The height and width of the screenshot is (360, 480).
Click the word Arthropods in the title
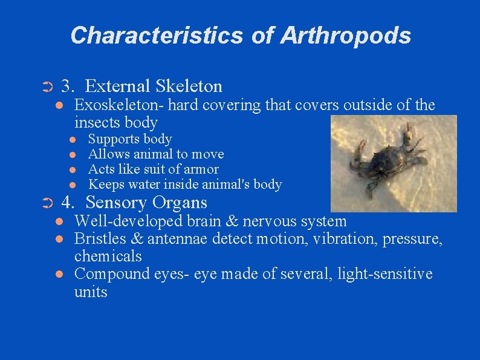(x=345, y=35)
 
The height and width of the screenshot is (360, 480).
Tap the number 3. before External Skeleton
(x=70, y=87)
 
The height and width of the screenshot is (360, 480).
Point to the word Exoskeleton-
(x=118, y=105)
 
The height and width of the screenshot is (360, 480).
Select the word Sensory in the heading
(x=117, y=203)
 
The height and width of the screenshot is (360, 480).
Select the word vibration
(x=341, y=239)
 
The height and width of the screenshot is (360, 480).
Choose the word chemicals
(x=108, y=256)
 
